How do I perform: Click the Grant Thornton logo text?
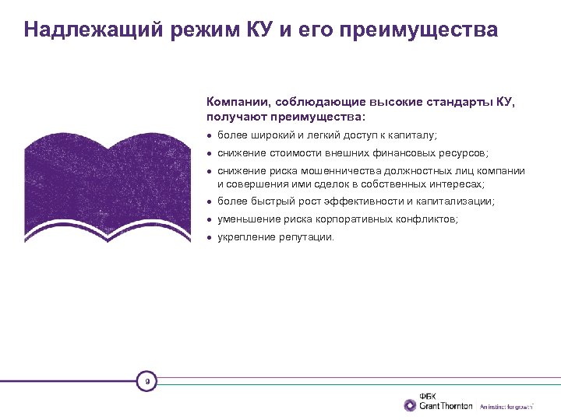click(446, 406)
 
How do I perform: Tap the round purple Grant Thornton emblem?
click(410, 405)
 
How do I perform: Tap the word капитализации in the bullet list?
click(459, 201)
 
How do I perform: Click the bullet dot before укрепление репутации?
click(210, 237)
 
